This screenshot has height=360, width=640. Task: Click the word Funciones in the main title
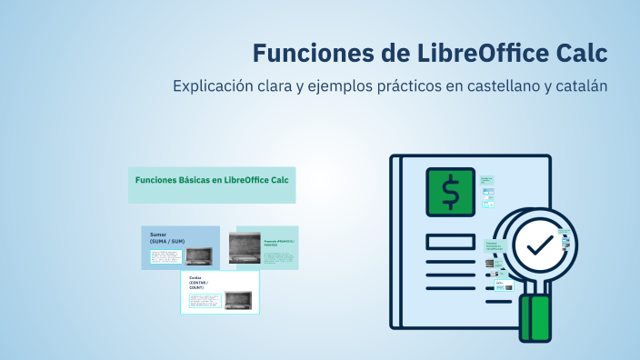tap(305, 52)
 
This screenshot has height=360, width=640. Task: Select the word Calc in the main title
tap(579, 52)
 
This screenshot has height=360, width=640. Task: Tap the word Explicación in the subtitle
tap(215, 86)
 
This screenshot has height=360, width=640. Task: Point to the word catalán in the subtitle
tap(576, 86)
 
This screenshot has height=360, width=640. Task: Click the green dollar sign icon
tap(451, 193)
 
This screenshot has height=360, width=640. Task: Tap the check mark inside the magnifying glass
tap(538, 245)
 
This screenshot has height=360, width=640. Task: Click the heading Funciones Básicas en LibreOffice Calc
tap(212, 180)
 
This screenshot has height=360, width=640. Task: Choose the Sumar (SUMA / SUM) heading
tap(167, 237)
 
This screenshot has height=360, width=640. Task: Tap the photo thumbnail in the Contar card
tap(237, 299)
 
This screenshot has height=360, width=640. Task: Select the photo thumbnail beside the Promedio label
tap(245, 248)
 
